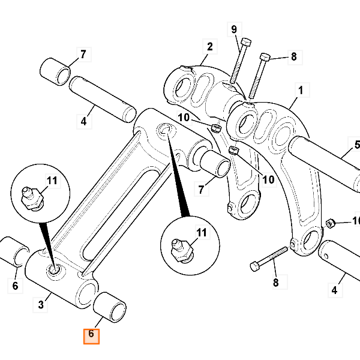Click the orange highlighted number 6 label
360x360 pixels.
91,334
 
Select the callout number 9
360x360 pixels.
234,30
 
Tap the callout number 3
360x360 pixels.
41,305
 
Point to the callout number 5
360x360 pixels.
356,145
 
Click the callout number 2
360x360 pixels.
210,46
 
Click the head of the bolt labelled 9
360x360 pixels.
245,42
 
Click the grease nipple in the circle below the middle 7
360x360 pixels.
182,248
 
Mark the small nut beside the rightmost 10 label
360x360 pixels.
329,224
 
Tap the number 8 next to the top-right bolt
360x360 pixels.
293,57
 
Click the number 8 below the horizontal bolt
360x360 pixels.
276,282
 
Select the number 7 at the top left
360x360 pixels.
83,55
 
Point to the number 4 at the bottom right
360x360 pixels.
334,292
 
